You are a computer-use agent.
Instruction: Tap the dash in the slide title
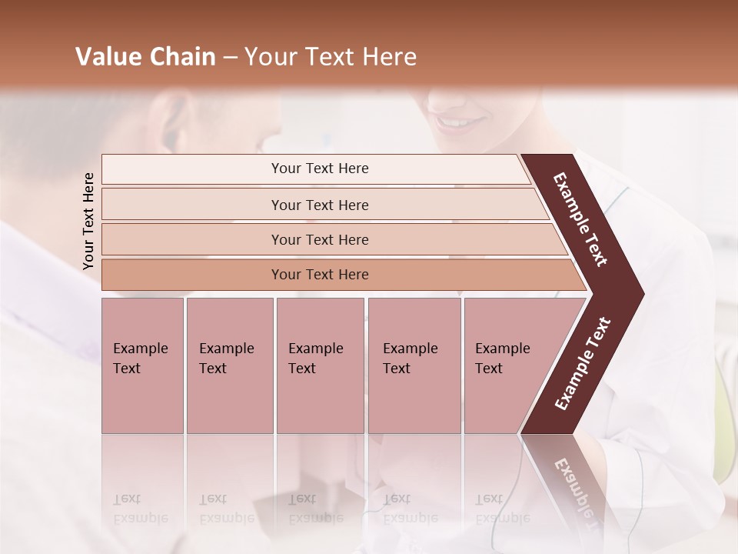click(230, 58)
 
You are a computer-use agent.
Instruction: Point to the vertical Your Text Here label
click(88, 221)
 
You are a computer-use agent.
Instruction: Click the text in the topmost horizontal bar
click(320, 169)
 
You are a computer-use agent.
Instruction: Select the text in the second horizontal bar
click(320, 205)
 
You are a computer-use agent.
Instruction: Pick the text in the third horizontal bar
click(320, 240)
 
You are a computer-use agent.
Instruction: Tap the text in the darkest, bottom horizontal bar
click(320, 275)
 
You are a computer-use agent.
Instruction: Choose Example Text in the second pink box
click(225, 359)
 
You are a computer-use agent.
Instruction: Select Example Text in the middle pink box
click(315, 359)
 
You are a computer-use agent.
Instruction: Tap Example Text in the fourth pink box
click(410, 359)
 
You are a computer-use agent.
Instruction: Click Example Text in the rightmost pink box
click(502, 359)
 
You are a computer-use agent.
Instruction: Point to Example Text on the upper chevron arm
click(580, 219)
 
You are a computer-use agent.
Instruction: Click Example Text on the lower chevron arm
click(582, 364)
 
